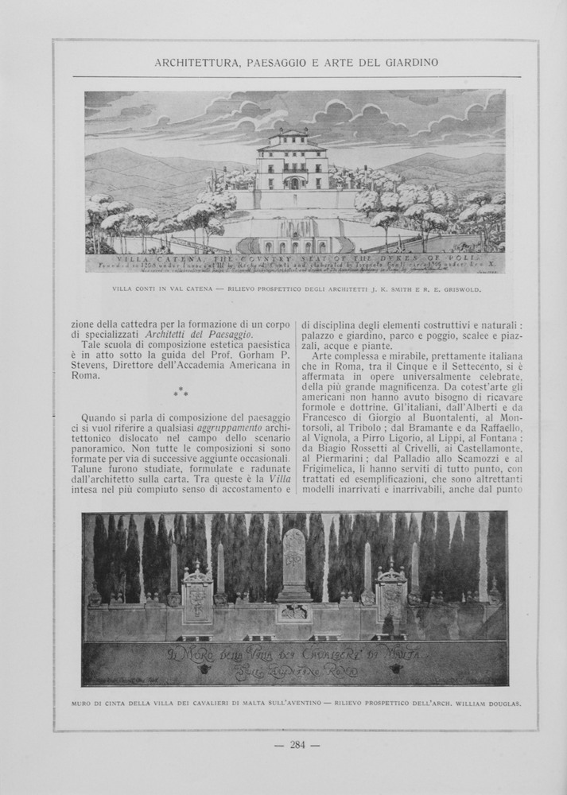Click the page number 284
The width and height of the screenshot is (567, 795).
click(x=297, y=745)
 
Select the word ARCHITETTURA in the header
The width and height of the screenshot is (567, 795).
click(x=195, y=62)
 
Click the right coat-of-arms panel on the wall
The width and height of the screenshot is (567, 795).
click(x=390, y=593)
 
